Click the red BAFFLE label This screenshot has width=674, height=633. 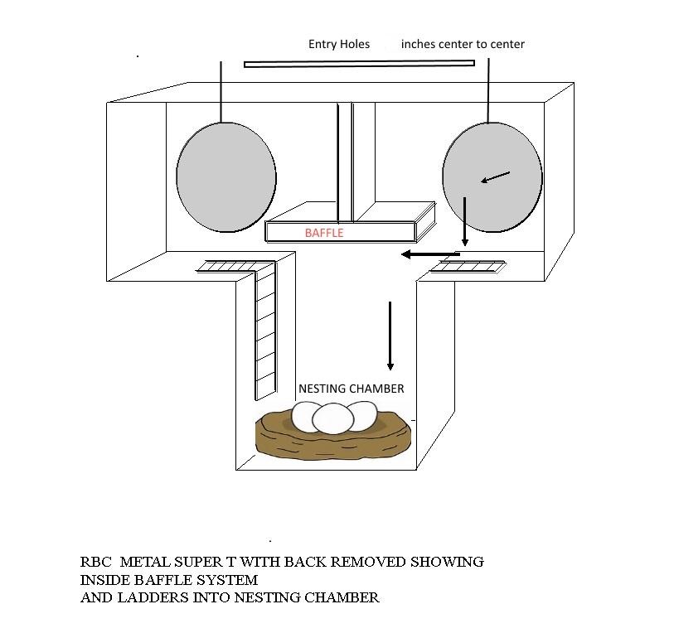click(324, 233)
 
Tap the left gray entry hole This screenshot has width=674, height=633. click(226, 177)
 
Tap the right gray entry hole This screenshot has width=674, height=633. click(492, 177)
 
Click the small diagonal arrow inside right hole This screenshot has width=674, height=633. click(495, 177)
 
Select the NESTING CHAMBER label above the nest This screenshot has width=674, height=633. click(352, 389)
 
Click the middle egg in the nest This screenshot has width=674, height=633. click(332, 418)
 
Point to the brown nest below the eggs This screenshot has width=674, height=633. click(333, 436)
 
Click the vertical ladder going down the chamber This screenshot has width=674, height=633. click(265, 330)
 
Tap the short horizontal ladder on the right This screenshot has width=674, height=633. click(468, 267)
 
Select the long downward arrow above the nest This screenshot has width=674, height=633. click(390, 336)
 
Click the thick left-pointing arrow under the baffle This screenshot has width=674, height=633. click(431, 254)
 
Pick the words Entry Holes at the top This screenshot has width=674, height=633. click(339, 44)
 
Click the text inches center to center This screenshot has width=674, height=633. click(463, 44)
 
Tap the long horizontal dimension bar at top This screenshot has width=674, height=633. click(359, 64)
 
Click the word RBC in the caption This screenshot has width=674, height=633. click(95, 562)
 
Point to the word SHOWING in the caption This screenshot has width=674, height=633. click(447, 562)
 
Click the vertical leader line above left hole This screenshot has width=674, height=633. click(221, 92)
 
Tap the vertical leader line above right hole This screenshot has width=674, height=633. click(488, 91)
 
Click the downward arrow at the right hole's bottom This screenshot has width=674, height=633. click(464, 221)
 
